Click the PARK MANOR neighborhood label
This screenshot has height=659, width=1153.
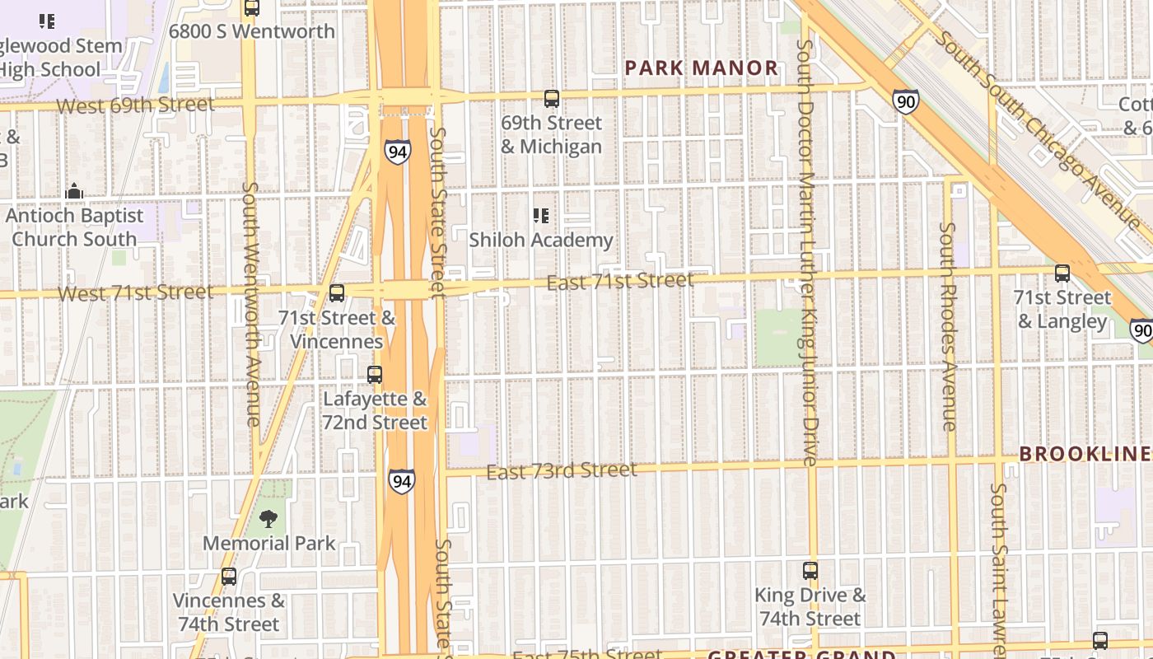click(x=702, y=68)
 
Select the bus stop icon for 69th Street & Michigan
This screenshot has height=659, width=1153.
click(x=552, y=99)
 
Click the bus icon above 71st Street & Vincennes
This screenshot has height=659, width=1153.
click(x=336, y=292)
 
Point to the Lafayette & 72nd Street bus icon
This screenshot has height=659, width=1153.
click(x=375, y=375)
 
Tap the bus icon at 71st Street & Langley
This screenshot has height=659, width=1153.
click(x=1062, y=273)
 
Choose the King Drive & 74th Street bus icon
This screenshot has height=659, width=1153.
click(x=810, y=570)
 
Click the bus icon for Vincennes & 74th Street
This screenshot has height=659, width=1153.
click(x=229, y=577)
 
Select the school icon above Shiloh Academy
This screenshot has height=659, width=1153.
click(x=541, y=216)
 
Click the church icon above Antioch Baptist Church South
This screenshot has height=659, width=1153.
click(x=74, y=192)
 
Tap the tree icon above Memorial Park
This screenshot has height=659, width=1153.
click(x=268, y=519)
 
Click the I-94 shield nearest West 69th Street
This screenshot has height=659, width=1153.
click(x=397, y=152)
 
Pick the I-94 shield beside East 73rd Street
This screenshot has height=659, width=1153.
click(x=401, y=481)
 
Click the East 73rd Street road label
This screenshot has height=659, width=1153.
click(x=561, y=470)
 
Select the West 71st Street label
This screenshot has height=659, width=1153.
click(x=136, y=292)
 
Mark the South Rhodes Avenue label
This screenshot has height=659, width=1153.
click(x=949, y=326)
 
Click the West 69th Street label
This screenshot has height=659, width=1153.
click(x=136, y=105)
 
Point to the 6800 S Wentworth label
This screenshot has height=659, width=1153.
click(x=252, y=31)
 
